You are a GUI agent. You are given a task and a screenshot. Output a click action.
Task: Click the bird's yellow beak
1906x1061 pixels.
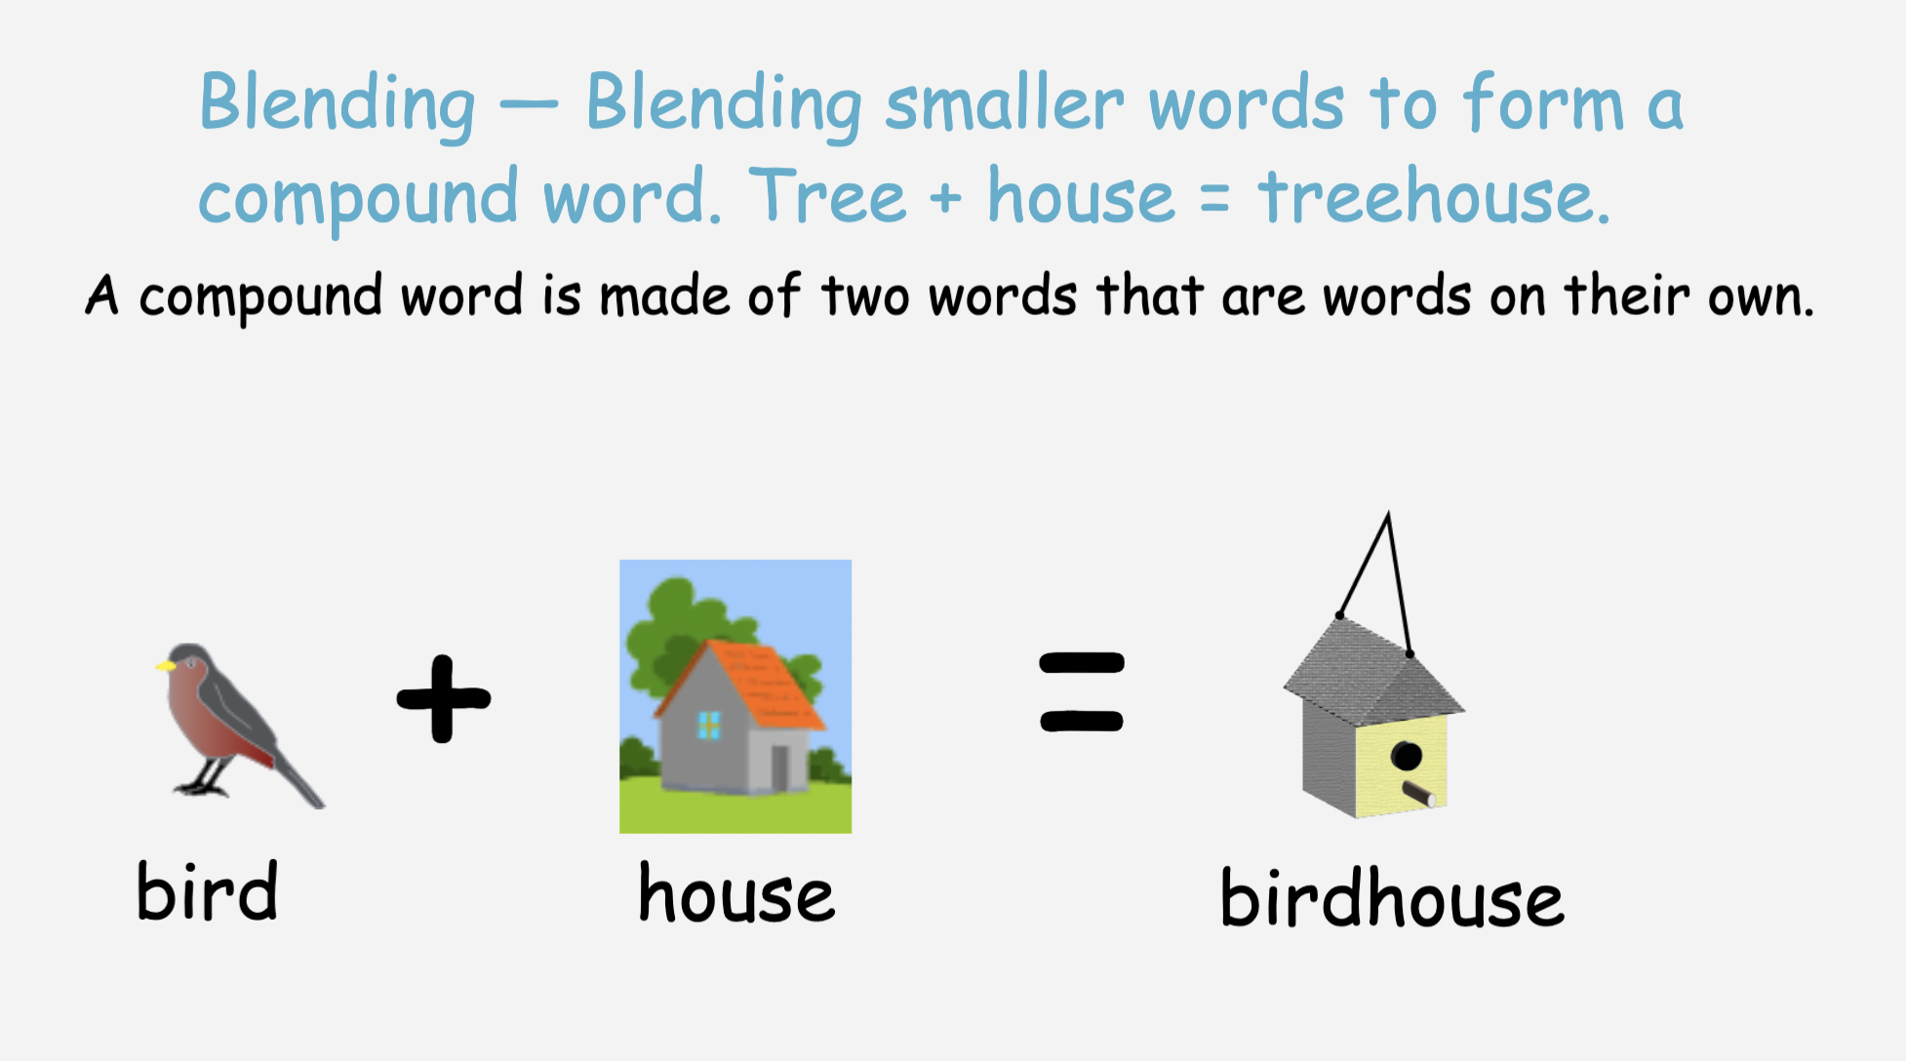165,666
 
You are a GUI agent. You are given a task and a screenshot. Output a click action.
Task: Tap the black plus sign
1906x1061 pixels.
444,698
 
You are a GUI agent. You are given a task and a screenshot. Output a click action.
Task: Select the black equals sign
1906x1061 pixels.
1082,691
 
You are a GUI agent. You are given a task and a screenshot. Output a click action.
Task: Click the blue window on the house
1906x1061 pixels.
709,725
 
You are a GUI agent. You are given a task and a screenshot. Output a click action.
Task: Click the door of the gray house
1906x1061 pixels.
780,768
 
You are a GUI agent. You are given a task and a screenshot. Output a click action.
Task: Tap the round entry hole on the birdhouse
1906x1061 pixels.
1406,756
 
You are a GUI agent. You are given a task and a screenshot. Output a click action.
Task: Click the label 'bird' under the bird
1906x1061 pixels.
208,890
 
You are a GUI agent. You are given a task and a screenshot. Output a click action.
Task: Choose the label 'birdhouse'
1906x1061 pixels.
1392,897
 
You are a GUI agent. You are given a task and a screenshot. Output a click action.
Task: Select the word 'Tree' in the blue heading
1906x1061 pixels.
828,195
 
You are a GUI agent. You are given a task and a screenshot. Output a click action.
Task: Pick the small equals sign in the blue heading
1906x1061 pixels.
1214,198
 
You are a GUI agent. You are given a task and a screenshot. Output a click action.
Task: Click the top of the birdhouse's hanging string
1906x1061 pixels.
1387,513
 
